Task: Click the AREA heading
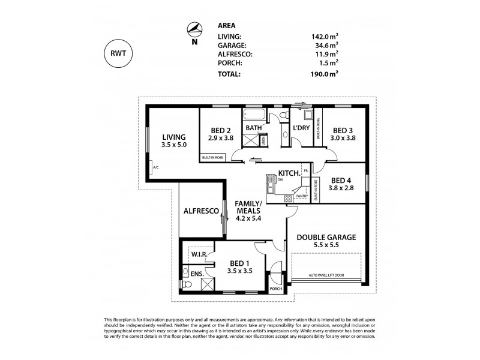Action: click(226, 26)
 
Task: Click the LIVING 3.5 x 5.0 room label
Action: click(173, 141)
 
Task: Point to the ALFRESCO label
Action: click(200, 212)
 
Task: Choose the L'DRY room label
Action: click(300, 129)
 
